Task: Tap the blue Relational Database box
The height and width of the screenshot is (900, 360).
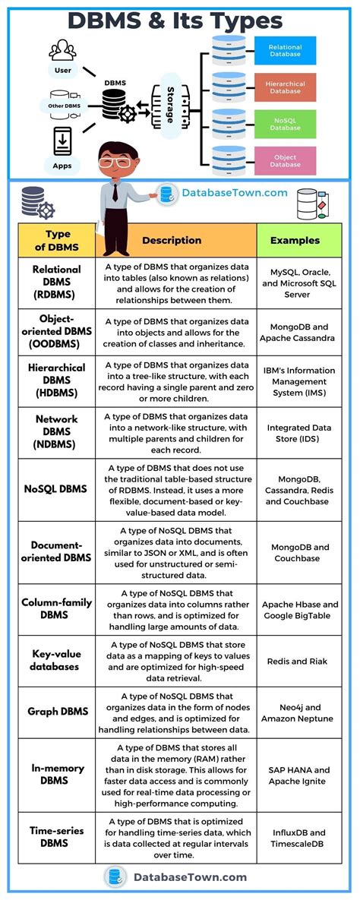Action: click(285, 52)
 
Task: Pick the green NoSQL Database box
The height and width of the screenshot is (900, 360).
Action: click(285, 124)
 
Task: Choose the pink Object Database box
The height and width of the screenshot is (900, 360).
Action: click(285, 160)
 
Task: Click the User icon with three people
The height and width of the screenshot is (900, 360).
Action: click(63, 51)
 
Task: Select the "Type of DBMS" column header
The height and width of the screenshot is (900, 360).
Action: click(58, 240)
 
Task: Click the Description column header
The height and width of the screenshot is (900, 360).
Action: click(172, 240)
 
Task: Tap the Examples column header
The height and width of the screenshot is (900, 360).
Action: click(295, 240)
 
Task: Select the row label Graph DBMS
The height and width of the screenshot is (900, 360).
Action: click(58, 712)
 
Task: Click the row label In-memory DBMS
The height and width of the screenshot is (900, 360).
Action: click(58, 775)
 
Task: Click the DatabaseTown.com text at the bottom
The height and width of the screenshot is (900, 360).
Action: click(190, 877)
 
